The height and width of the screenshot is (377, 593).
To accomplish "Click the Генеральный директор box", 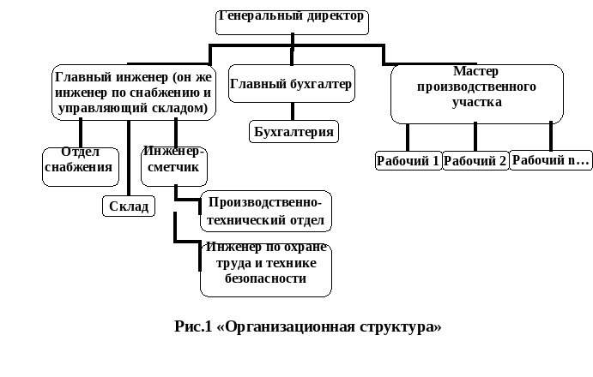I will [x=291, y=20].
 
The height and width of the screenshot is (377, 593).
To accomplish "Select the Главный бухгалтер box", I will [x=292, y=85].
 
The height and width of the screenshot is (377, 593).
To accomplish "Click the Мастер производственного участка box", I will [x=476, y=93].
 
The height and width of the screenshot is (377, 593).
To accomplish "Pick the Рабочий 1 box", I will [x=408, y=160].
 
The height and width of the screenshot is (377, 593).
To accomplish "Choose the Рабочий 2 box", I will [x=475, y=160].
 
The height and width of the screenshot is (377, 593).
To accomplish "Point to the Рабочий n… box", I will [x=551, y=159].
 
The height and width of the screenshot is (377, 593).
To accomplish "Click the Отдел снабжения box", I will [x=79, y=165].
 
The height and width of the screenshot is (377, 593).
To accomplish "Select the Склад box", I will [x=129, y=206].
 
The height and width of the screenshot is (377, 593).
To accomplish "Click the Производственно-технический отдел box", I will [x=265, y=211].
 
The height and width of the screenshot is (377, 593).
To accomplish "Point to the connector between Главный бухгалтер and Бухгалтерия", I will [x=292, y=111].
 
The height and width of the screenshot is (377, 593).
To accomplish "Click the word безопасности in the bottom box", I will [x=265, y=279].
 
